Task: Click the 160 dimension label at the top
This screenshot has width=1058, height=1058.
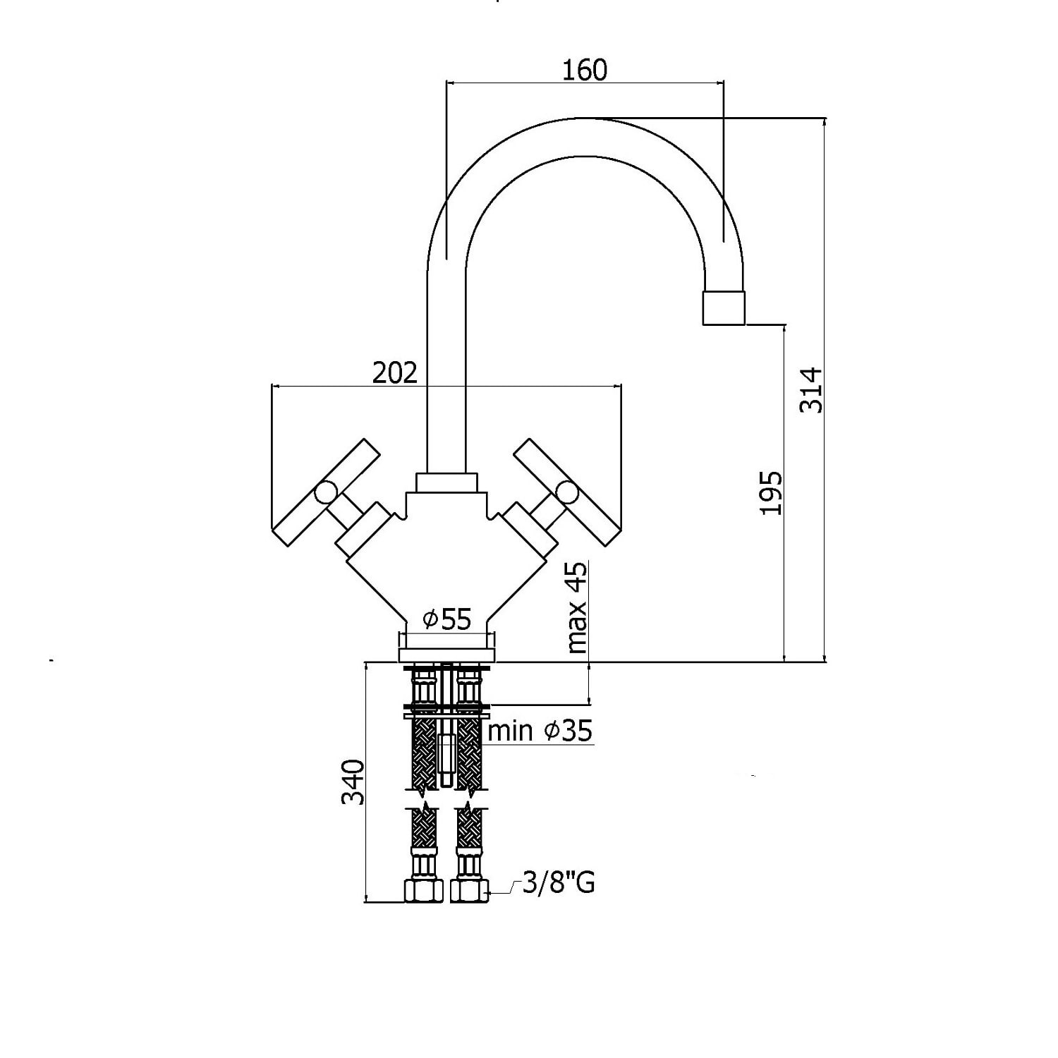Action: click(585, 70)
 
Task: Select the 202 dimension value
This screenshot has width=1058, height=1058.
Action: click(395, 372)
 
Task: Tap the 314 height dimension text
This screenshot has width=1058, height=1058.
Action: click(810, 390)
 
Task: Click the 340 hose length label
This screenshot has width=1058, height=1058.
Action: click(353, 782)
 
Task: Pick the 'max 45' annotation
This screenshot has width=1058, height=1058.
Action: click(576, 607)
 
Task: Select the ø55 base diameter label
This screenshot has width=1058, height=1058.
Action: click(446, 619)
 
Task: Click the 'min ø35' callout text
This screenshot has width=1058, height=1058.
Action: click(540, 731)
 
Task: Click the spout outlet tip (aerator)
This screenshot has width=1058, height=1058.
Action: click(724, 308)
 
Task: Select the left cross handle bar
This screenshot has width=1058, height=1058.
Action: click(326, 492)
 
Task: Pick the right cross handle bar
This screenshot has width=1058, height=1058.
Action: click(568, 493)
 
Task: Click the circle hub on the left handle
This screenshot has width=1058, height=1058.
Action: click(327, 492)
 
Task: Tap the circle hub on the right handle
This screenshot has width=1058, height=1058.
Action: click(567, 492)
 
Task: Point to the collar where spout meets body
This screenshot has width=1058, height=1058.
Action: click(447, 482)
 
